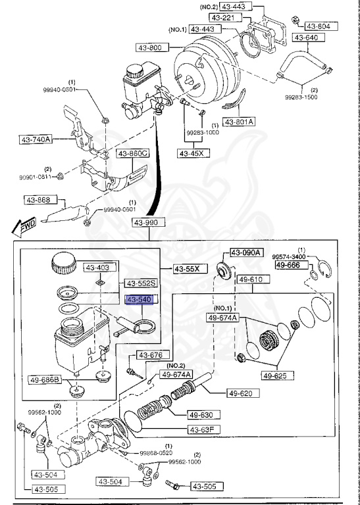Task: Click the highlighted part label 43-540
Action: pos(140,299)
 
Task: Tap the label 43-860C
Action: pos(133,154)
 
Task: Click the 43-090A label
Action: pos(246,252)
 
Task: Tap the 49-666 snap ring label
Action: pos(288,265)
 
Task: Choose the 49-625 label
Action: pos(278,376)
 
